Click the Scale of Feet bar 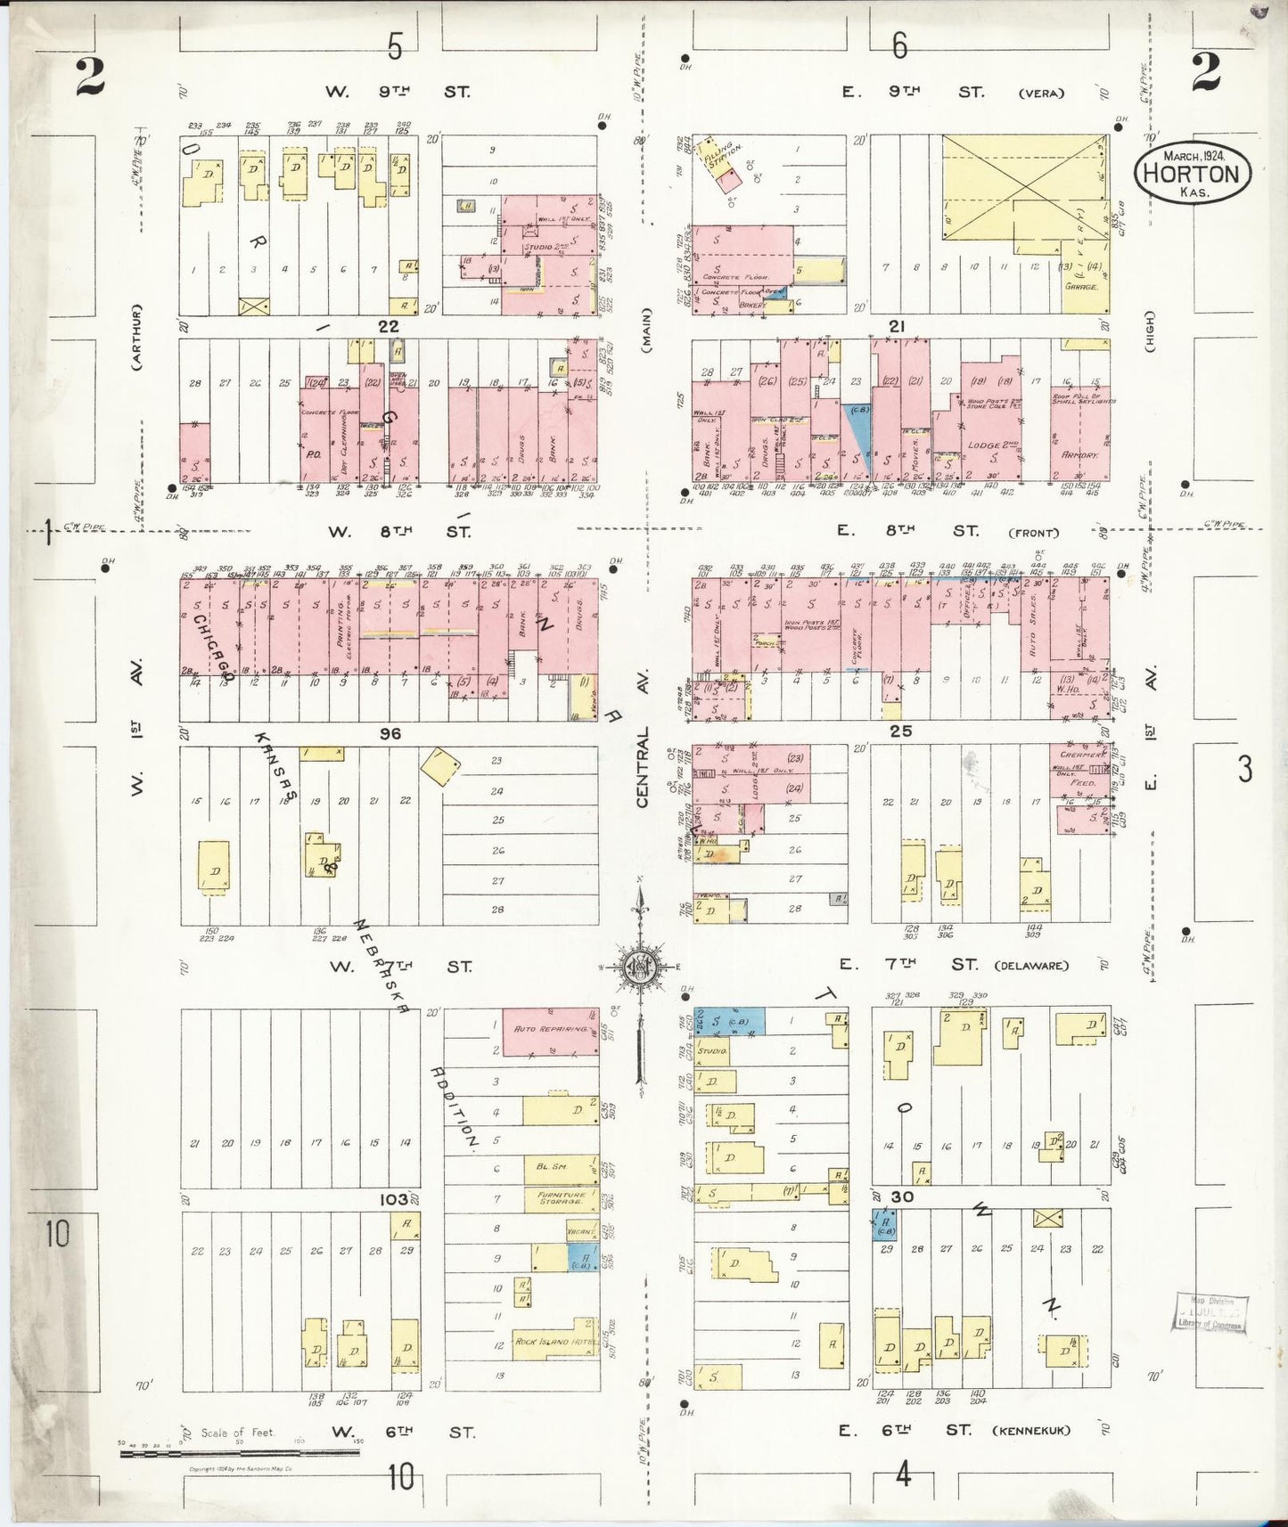click(x=239, y=1452)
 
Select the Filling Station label click(x=716, y=156)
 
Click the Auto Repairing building click(x=550, y=1031)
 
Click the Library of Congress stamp click(x=1210, y=1312)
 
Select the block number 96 click(x=390, y=733)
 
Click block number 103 click(x=392, y=1199)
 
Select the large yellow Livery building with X click(x=1023, y=188)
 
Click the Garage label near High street click(x=1081, y=287)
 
